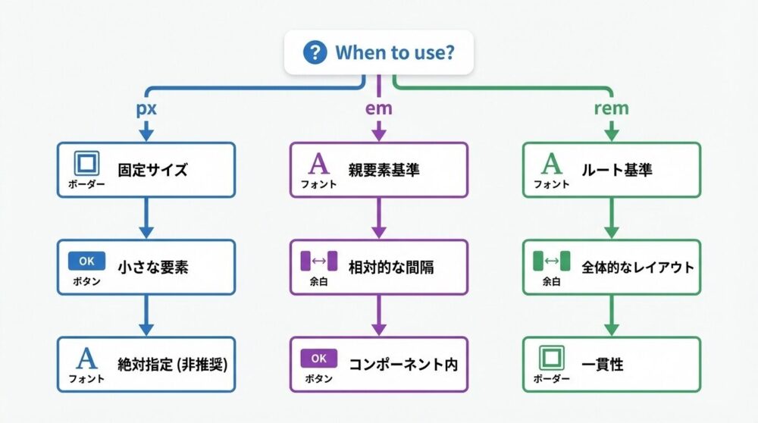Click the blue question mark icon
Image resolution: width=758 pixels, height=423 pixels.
(314, 53)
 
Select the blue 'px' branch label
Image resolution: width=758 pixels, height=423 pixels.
(146, 108)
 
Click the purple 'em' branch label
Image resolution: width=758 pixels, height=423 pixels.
(378, 108)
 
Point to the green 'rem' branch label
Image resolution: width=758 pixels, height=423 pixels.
(611, 108)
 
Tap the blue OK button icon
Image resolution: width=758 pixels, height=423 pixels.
(86, 261)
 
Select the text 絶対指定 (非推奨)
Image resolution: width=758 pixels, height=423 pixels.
(173, 364)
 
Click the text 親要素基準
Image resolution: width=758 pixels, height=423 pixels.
(384, 170)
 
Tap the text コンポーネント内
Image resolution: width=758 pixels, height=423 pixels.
(403, 364)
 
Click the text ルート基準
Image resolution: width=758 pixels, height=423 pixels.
(616, 170)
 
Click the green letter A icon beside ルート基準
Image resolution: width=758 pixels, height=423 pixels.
(551, 164)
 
